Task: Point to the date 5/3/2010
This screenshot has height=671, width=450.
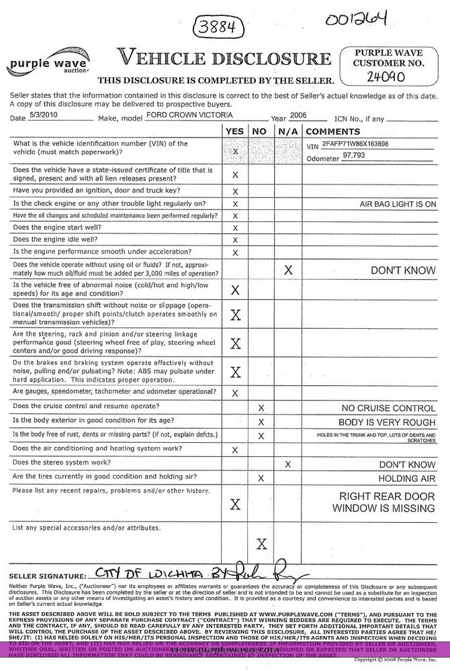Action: point(41,115)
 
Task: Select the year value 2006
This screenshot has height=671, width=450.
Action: point(298,115)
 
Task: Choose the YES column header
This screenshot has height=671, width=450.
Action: point(235,131)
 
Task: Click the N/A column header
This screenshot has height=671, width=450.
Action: point(287,131)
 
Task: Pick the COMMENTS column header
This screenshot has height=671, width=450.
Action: point(334,131)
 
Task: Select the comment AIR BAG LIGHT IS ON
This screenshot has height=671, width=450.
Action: point(398,203)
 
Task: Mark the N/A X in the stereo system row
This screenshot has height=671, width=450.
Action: point(287,464)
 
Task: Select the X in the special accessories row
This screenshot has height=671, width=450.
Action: point(261,544)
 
